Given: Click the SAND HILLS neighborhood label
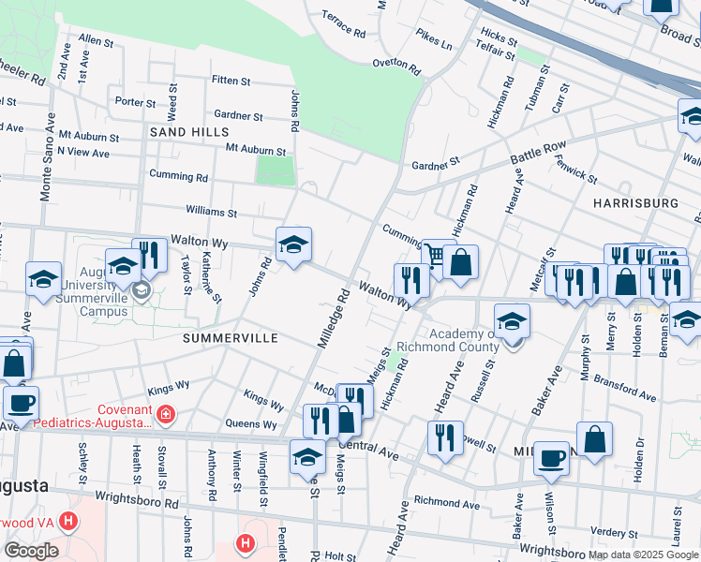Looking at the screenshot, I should click(x=184, y=133).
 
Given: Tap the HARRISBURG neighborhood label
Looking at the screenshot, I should click(x=635, y=202).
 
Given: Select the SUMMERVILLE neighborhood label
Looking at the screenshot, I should click(x=231, y=337).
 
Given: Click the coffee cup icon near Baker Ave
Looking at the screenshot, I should click(x=551, y=458).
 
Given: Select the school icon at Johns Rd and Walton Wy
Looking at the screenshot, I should click(x=294, y=245).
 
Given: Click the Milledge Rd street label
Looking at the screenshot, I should click(x=333, y=319).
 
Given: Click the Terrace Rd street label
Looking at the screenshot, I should click(x=343, y=24).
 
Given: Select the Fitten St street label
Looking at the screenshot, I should click(x=231, y=81).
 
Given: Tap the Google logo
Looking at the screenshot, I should click(x=31, y=551).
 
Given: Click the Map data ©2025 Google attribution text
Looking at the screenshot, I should click(x=642, y=555).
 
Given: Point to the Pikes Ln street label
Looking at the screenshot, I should click(x=434, y=39).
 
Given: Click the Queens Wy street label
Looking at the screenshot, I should click(x=250, y=423).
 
